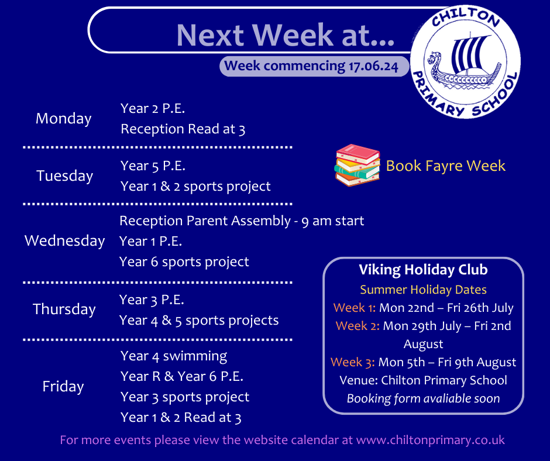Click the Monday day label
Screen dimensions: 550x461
64,119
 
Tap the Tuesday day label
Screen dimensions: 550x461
65,176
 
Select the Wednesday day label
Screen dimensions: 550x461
65,240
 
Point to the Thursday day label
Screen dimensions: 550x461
64,309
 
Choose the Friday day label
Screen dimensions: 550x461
63,386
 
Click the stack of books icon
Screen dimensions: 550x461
357,165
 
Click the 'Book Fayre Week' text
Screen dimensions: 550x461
445,166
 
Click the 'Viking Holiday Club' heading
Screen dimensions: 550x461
424,270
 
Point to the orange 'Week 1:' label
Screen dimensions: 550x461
354,308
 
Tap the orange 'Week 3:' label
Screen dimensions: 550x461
352,362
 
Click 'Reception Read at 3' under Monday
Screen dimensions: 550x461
183,129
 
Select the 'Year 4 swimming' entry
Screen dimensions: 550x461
174,356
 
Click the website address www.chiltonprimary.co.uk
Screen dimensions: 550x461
431,441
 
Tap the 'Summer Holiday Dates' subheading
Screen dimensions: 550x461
424,290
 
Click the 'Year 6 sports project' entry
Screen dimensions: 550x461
184,262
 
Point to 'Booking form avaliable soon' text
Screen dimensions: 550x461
424,398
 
